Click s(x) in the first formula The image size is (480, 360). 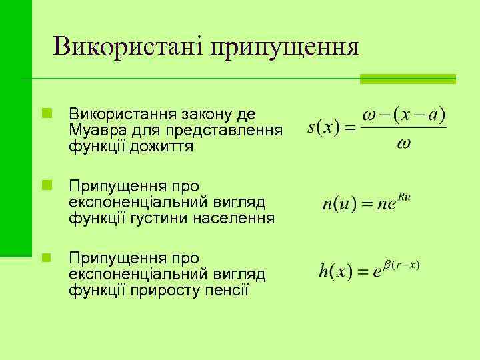(x=323, y=127)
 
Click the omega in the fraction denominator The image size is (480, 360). (x=403, y=144)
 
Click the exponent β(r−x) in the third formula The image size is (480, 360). (x=401, y=265)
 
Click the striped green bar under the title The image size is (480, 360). (x=407, y=79)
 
